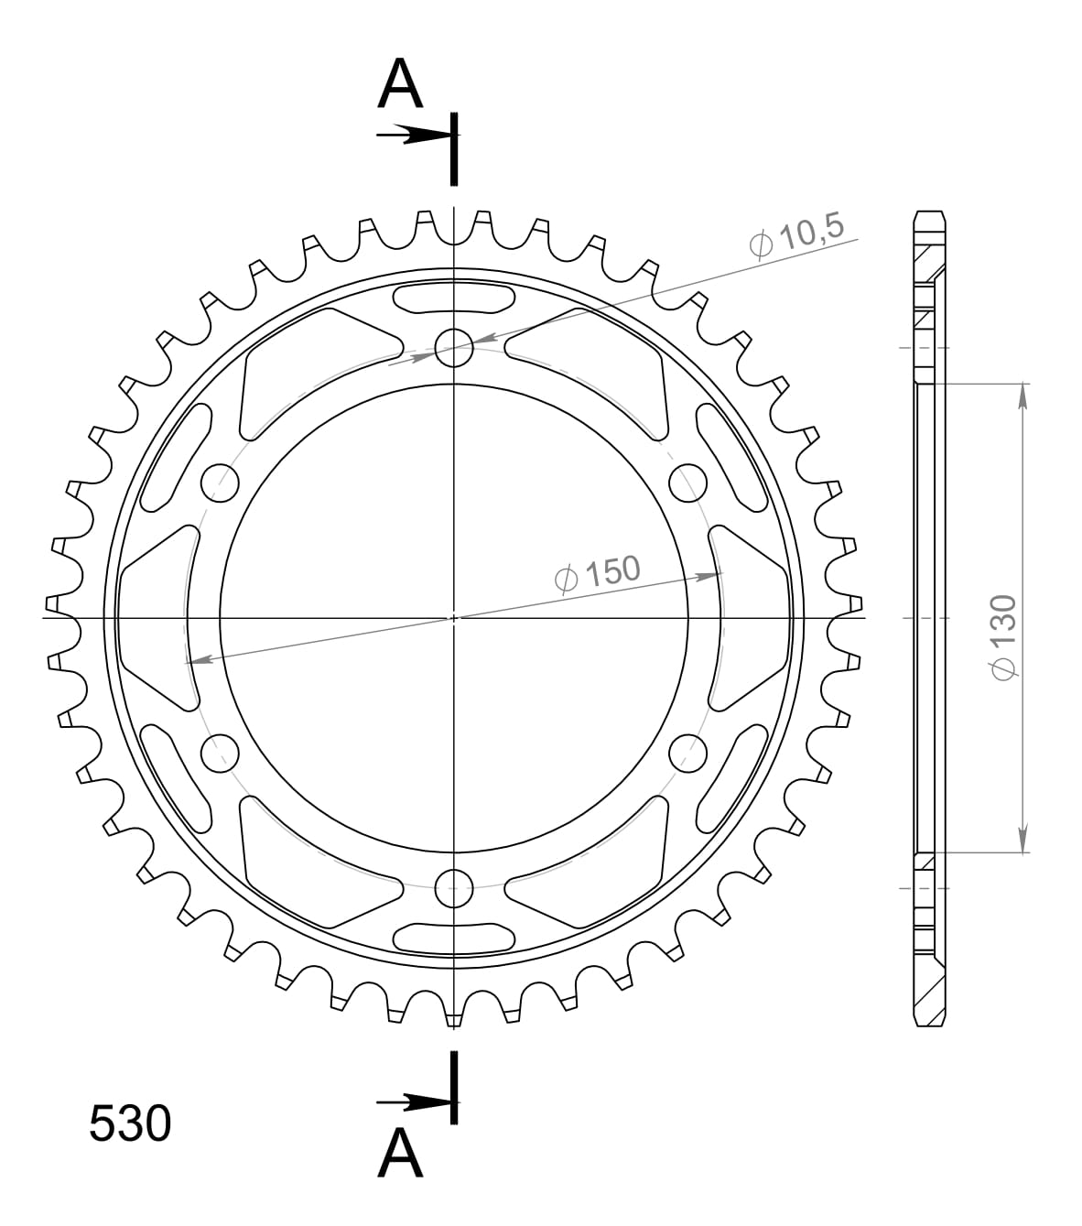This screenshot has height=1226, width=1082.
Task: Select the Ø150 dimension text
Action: (597, 574)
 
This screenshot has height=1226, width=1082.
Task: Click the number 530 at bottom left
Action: (130, 1123)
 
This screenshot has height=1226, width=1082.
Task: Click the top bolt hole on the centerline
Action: (454, 347)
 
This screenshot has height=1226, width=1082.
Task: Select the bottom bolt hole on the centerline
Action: (454, 884)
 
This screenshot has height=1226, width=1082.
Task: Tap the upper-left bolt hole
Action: (220, 482)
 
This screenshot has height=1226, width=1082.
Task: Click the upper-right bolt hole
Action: (688, 482)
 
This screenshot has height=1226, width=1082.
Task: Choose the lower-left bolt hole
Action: (220, 753)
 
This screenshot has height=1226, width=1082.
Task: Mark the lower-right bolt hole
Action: (688, 753)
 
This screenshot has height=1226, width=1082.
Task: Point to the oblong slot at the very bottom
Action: (454, 938)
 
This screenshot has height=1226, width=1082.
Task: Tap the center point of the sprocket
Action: (454, 618)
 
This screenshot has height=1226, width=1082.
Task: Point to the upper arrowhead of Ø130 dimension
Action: (1022, 396)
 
